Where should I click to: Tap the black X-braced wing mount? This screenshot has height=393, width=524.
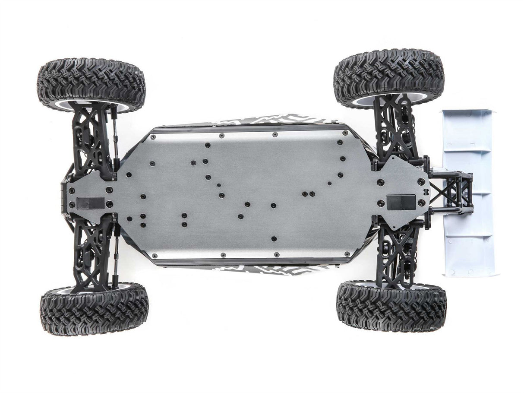[451, 192]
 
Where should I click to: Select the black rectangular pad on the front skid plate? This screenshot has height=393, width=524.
[91, 203]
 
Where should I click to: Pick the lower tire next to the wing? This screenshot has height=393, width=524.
[391, 307]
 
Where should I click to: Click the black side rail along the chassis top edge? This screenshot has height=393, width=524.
[246, 128]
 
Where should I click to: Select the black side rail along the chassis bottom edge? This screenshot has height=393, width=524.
[246, 262]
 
